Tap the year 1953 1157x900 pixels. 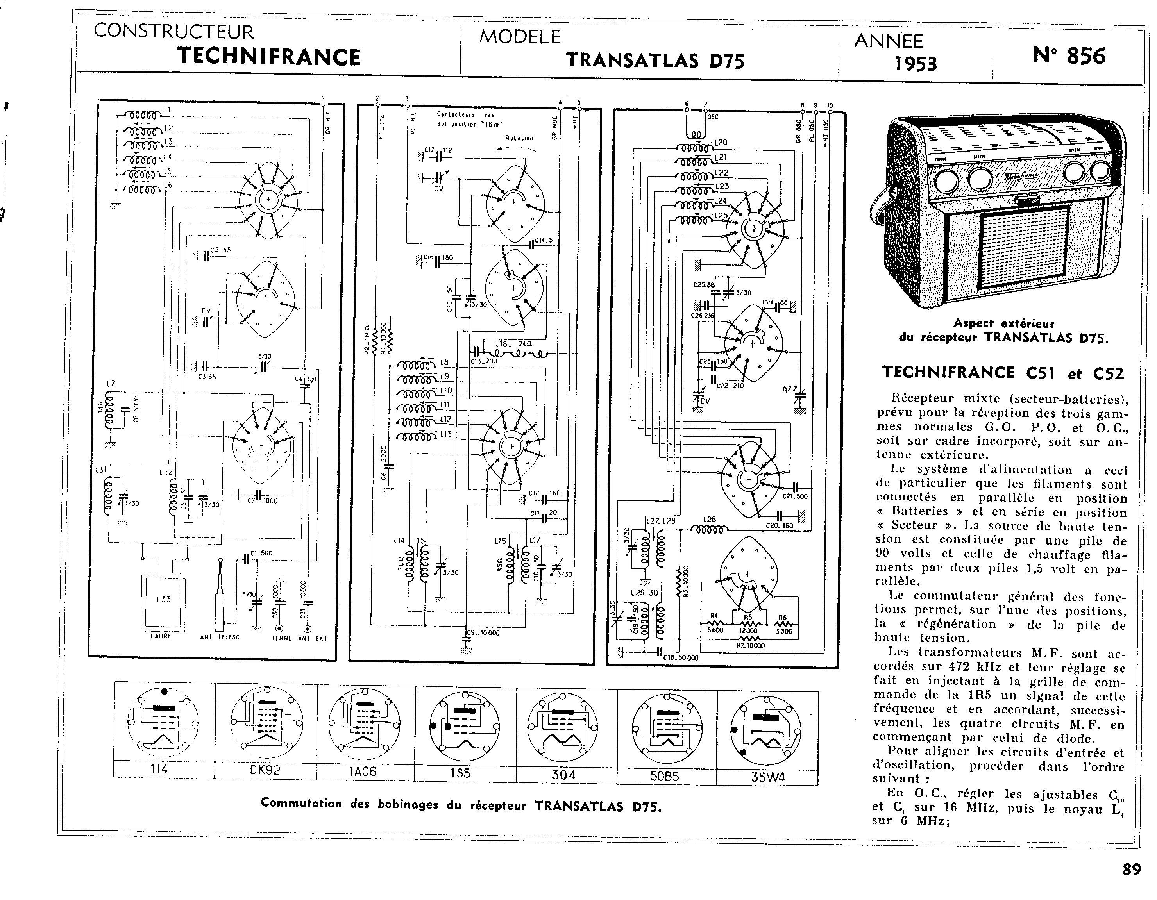pos(916,64)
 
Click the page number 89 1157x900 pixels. pos(1132,870)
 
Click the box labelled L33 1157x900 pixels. pos(163,600)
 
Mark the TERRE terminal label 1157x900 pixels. pos(281,638)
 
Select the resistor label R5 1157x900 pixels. pos(748,617)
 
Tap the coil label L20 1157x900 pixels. pos(721,143)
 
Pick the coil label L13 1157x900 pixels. pos(445,434)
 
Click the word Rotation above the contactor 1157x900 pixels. pos(519,138)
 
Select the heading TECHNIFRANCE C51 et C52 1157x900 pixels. pos(1003,373)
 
